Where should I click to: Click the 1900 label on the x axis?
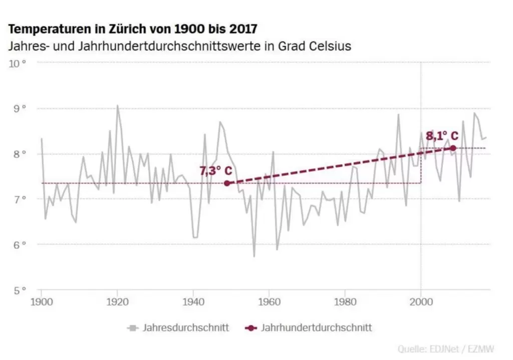tap(41, 302)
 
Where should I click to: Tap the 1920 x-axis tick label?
tap(117, 302)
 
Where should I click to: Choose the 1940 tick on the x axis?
tap(193, 302)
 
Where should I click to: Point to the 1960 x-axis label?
tap(269, 302)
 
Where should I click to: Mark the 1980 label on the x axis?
tap(345, 302)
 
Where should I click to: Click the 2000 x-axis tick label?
tap(421, 302)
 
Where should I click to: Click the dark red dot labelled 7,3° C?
tap(227, 183)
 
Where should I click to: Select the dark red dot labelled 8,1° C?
tap(453, 148)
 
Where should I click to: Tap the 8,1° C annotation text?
tap(442, 136)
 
